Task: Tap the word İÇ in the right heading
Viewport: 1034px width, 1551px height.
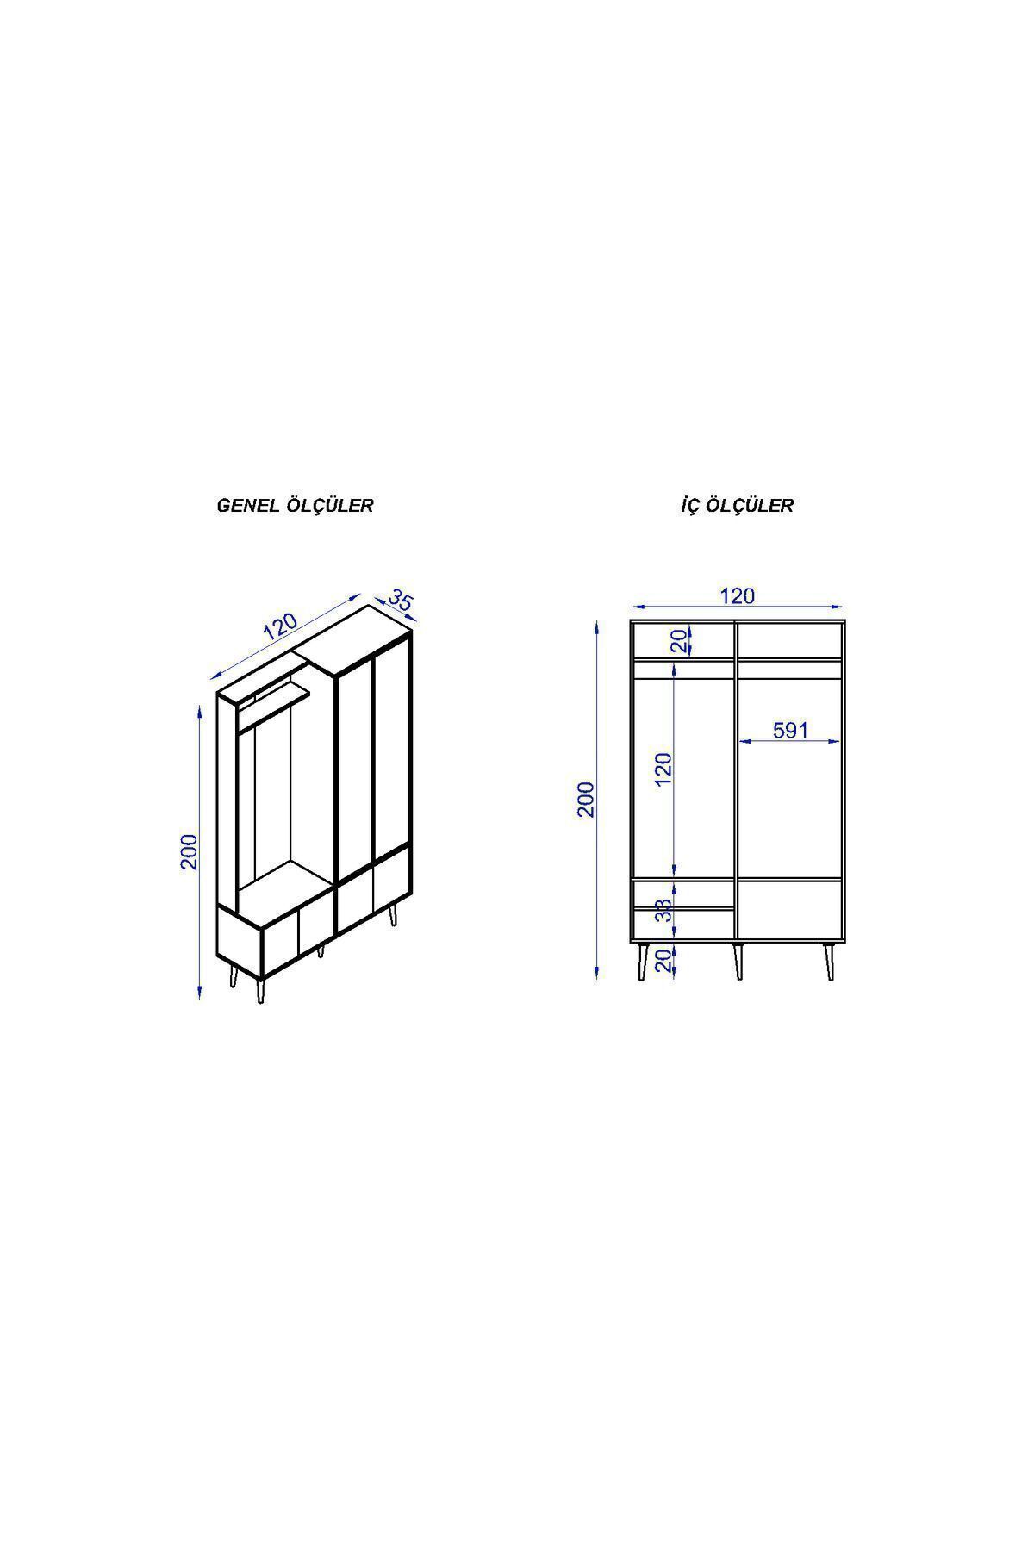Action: click(x=690, y=505)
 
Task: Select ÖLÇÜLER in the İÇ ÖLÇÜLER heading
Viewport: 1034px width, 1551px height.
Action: click(x=750, y=505)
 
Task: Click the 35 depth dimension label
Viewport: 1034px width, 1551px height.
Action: click(x=401, y=600)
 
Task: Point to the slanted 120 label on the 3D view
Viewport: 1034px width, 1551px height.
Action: click(x=280, y=626)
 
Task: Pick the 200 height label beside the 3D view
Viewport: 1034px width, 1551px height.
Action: click(x=190, y=851)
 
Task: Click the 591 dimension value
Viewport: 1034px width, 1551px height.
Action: click(x=790, y=730)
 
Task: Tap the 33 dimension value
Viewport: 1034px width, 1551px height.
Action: click(x=663, y=910)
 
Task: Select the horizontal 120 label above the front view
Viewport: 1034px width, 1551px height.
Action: click(x=737, y=595)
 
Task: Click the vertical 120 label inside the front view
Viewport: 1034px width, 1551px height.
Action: click(x=663, y=769)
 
